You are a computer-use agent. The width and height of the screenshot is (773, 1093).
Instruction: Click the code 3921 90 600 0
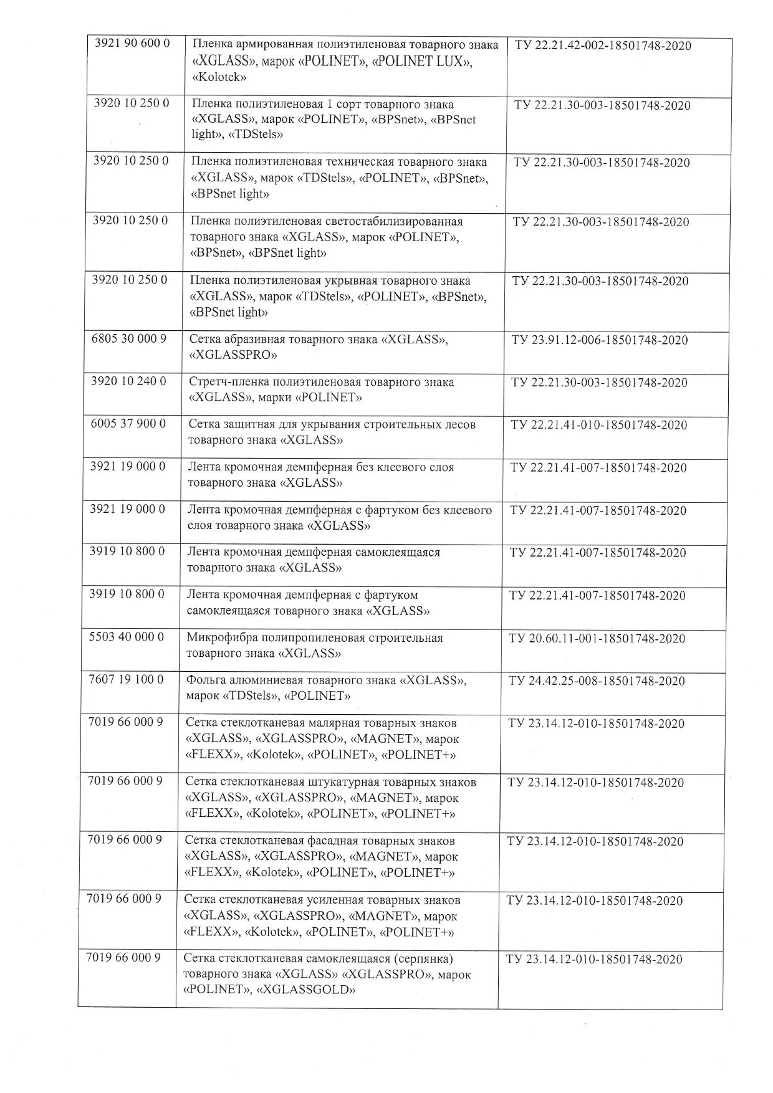click(132, 44)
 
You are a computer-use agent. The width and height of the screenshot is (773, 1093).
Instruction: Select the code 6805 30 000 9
click(129, 340)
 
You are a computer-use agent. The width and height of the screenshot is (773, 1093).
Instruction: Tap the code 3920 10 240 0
click(128, 381)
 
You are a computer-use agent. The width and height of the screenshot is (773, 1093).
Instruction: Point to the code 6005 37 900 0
click(128, 424)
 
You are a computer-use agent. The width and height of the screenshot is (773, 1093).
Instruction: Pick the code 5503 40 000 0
click(127, 637)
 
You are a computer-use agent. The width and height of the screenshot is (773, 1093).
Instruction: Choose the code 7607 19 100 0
click(127, 679)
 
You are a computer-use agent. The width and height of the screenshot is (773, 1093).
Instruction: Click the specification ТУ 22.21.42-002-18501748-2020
click(603, 46)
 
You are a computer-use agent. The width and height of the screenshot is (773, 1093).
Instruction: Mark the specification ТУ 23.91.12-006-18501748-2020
click(600, 340)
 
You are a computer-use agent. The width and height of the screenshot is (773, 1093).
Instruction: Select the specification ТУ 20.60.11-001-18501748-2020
click(597, 639)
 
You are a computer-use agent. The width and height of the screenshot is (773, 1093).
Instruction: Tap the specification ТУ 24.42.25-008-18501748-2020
click(597, 681)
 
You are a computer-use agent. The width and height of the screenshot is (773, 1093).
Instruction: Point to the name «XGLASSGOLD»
click(305, 990)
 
